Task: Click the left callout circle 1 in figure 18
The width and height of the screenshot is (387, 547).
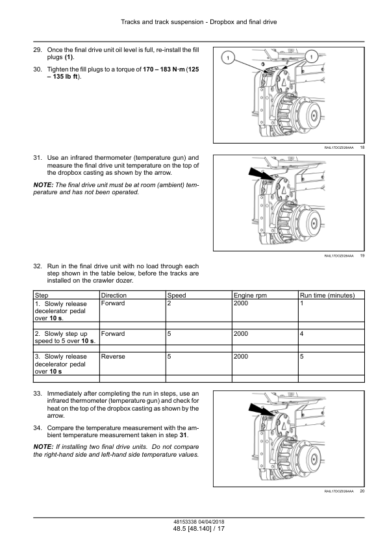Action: pyautogui.click(x=228, y=58)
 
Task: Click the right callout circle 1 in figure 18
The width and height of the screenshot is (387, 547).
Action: pyautogui.click(x=311, y=56)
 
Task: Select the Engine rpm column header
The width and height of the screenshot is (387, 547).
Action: pyautogui.click(x=250, y=296)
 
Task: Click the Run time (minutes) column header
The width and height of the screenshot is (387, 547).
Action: pyautogui.click(x=327, y=296)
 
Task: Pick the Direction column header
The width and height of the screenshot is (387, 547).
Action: pyautogui.click(x=114, y=296)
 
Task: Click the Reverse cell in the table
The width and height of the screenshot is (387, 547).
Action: pyautogui.click(x=113, y=357)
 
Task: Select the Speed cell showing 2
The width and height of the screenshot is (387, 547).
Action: pyautogui.click(x=169, y=303)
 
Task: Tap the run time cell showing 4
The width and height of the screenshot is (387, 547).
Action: pyautogui.click(x=301, y=334)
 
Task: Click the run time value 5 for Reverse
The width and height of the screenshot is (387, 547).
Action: pyautogui.click(x=301, y=357)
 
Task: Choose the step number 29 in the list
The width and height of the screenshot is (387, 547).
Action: pyautogui.click(x=38, y=50)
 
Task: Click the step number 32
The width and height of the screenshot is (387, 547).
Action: pyautogui.click(x=38, y=266)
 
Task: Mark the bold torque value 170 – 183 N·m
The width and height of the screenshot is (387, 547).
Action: pyautogui.click(x=164, y=70)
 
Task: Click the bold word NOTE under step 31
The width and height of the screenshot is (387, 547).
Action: pyautogui.click(x=44, y=185)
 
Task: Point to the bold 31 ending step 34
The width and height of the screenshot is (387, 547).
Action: pyautogui.click(x=183, y=435)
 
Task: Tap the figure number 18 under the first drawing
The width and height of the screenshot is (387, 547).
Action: pyautogui.click(x=362, y=147)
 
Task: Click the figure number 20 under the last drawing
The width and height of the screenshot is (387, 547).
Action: pyautogui.click(x=362, y=491)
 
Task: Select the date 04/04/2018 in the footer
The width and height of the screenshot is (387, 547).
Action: pyautogui.click(x=210, y=522)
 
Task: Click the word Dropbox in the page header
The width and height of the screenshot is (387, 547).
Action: pyautogui.click(x=222, y=22)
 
